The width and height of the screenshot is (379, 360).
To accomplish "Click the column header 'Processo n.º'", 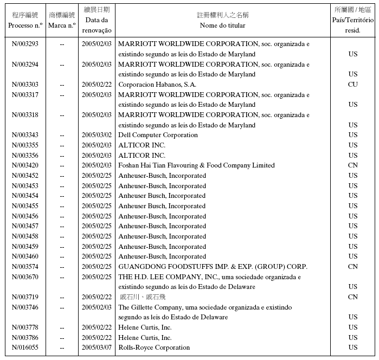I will (x=25, y=25).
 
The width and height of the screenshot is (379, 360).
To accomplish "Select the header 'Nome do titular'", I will (x=222, y=25).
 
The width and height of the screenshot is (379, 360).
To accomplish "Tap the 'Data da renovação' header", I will (x=97, y=25).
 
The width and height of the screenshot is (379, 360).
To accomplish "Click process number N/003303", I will (x=25, y=85).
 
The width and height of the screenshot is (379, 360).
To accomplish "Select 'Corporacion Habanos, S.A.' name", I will (x=157, y=85).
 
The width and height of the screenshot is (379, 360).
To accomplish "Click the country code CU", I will (x=353, y=85).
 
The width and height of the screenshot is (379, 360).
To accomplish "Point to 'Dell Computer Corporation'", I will (x=158, y=135).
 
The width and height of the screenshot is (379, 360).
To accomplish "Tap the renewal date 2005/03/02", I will (x=97, y=135).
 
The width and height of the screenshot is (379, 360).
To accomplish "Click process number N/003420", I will (x=25, y=165).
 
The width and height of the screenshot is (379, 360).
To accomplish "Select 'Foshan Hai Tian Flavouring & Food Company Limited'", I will (x=196, y=165).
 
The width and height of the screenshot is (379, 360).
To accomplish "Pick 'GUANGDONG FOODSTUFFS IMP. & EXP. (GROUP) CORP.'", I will (x=213, y=267).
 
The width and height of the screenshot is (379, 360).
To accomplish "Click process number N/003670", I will (x=25, y=277).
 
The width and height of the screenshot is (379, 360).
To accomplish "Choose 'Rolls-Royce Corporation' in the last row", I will (x=154, y=348).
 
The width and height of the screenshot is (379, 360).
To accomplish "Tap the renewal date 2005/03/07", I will (x=97, y=348).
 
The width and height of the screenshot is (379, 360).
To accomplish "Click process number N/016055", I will (x=25, y=348).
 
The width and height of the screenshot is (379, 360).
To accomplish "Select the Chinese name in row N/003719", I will (x=142, y=297).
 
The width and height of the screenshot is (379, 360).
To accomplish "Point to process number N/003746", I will (x=25, y=307).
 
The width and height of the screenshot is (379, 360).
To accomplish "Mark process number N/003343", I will (x=25, y=135).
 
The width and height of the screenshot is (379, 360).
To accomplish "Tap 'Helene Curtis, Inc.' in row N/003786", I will (x=145, y=338).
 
